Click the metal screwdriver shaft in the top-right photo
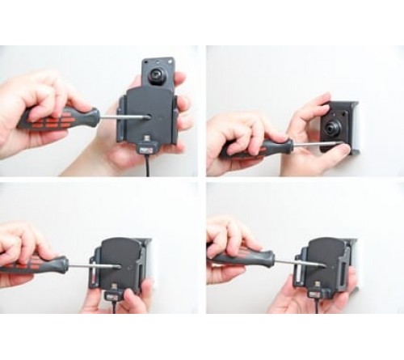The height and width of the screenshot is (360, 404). point(305,143)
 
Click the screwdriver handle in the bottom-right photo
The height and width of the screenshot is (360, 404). point(238,259)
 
